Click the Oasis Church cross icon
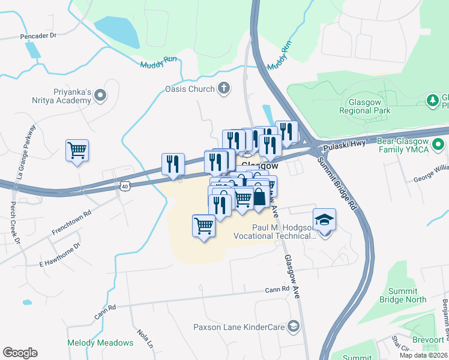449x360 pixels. [224, 89]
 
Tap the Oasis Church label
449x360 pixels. [190, 89]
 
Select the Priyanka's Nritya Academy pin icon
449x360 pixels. [100, 94]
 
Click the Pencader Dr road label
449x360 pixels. [38, 36]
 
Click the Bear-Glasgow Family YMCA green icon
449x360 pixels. [438, 144]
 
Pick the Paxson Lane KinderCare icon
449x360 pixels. [294, 326]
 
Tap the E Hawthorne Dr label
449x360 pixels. [59, 255]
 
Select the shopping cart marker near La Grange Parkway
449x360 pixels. [77, 151]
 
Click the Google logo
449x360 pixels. [20, 353]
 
